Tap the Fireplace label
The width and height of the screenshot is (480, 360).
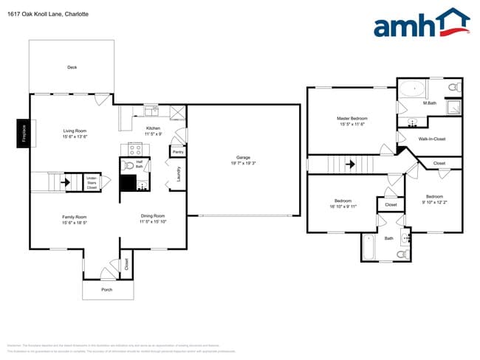pos(22,134)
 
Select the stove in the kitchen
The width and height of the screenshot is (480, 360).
pos(135,148)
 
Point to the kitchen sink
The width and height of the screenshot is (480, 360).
pos(151,111)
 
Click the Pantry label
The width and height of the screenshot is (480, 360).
pos(177,151)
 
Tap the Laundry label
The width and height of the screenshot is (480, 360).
pos(178,174)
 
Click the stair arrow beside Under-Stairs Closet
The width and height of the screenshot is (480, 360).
pos(66,181)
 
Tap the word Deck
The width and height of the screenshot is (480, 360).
pos(72,67)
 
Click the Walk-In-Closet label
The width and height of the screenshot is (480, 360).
pos(431,139)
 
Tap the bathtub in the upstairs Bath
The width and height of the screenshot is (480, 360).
pos(369,247)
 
